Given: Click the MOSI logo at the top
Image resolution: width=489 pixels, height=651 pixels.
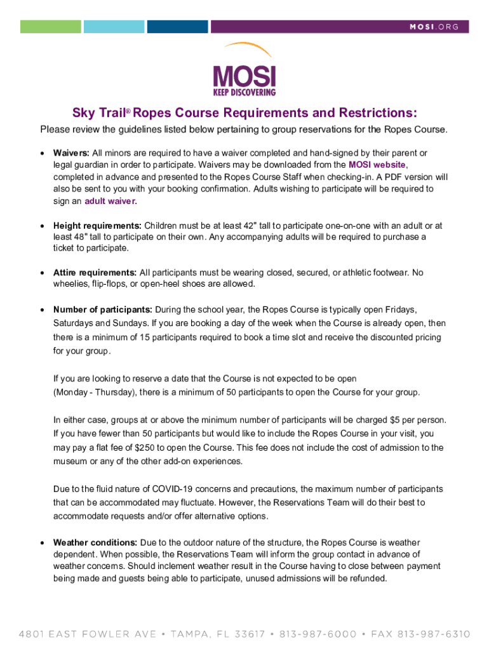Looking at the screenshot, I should pyautogui.click(x=244, y=70).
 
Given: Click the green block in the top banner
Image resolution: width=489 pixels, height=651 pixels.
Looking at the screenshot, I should pyautogui.click(x=51, y=27).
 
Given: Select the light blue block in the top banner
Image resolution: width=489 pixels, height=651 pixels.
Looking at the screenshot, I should pyautogui.click(x=114, y=27).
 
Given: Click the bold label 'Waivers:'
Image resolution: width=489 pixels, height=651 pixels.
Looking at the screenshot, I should pyautogui.click(x=72, y=153).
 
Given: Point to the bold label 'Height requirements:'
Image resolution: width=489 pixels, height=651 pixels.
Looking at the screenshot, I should pyautogui.click(x=97, y=226).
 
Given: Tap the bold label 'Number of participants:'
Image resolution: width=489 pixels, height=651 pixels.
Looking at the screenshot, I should pyautogui.click(x=103, y=310).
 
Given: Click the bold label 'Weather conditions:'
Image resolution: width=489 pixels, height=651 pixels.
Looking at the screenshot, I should pyautogui.click(x=95, y=542).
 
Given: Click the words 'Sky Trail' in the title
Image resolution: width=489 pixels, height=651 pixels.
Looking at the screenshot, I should pyautogui.click(x=98, y=113).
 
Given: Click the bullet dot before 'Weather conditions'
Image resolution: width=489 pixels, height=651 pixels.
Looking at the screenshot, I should pyautogui.click(x=42, y=543).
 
